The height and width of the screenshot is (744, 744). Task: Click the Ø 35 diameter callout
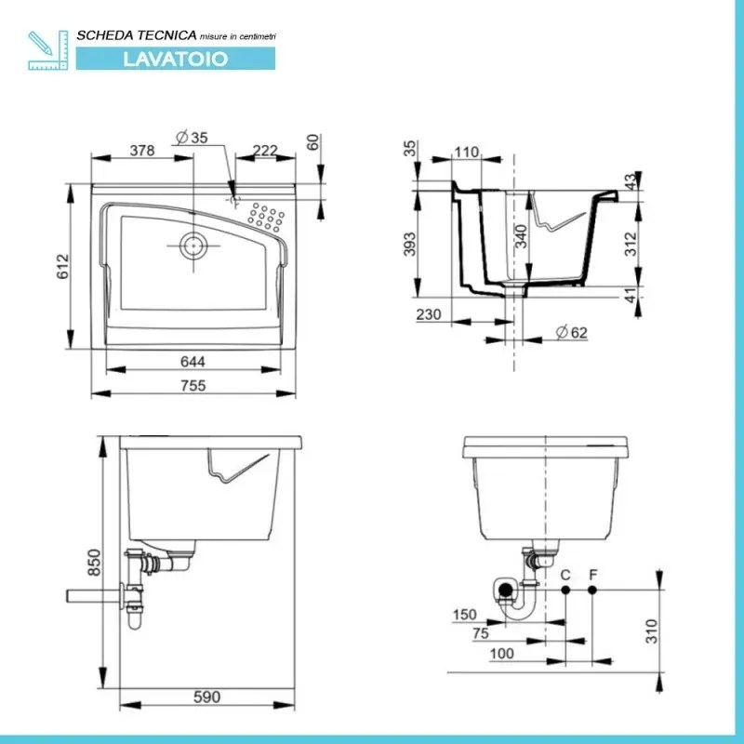[x=192, y=137]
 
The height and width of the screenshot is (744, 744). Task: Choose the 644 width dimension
[x=193, y=361]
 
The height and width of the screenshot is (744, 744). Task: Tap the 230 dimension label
[x=429, y=314]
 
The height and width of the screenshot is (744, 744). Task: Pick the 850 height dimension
[x=91, y=562]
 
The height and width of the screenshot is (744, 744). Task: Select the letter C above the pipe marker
[x=565, y=574]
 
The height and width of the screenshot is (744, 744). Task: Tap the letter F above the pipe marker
[x=592, y=574]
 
